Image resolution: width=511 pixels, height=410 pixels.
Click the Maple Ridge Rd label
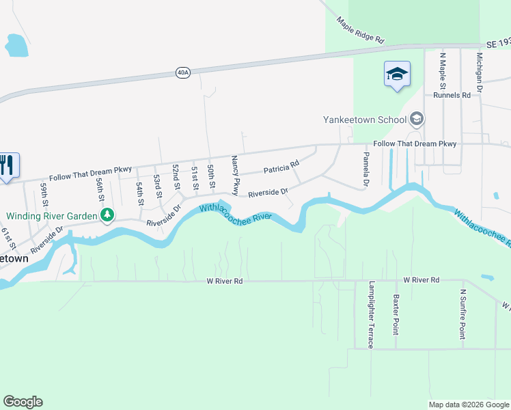click(x=360, y=31)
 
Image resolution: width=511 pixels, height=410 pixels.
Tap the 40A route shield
click(x=182, y=72)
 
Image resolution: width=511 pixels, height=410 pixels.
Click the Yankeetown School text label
click(x=365, y=120)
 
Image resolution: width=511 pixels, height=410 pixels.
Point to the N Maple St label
click(x=443, y=71)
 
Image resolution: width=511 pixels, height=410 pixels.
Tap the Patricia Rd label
click(x=281, y=167)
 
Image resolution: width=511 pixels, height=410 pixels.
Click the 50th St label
click(x=212, y=177)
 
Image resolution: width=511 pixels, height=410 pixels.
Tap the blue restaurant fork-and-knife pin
click(x=8, y=165)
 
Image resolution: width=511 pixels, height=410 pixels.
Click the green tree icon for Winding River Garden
click(x=107, y=216)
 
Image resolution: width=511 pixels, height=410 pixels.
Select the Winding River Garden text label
click(x=52, y=216)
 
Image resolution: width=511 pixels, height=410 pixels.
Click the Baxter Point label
click(x=396, y=314)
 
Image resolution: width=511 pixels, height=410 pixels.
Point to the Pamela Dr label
click(x=365, y=171)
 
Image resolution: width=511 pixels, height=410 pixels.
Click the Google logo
click(x=23, y=402)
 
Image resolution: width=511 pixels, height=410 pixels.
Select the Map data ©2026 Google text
click(x=469, y=405)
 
